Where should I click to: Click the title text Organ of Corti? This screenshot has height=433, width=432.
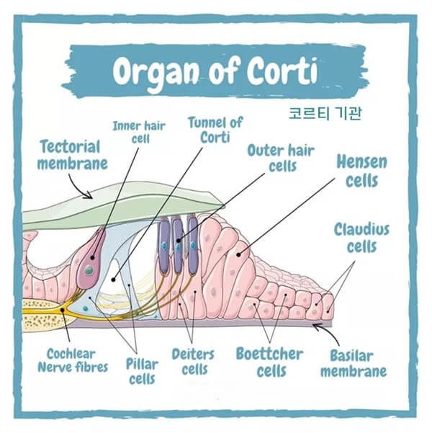pyautogui.click(x=215, y=70)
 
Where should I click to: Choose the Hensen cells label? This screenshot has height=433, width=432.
pyautogui.click(x=361, y=170)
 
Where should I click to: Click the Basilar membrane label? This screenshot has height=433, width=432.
pyautogui.click(x=353, y=364)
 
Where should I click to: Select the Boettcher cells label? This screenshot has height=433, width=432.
pyautogui.click(x=269, y=362)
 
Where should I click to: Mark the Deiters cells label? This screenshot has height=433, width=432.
pyautogui.click(x=193, y=361)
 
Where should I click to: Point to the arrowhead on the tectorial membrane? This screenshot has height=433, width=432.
pyautogui.click(x=91, y=194)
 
